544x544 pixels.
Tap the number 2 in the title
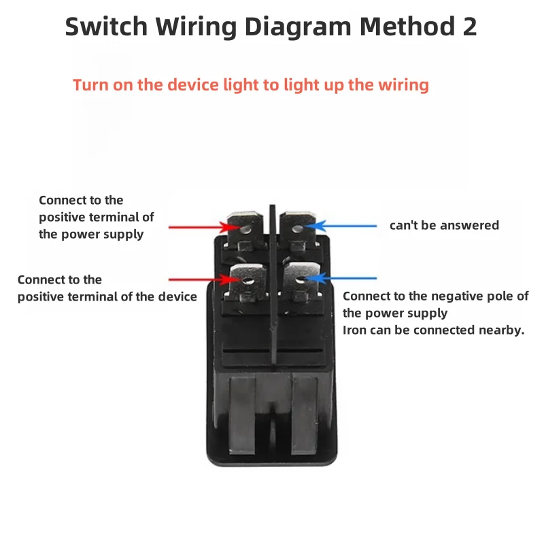click(x=468, y=26)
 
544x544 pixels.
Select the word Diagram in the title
click(x=299, y=26)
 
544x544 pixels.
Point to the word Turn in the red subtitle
click(x=90, y=85)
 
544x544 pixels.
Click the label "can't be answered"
click(x=444, y=225)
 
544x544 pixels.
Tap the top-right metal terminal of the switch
click(x=298, y=228)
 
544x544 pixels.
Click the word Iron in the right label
click(x=354, y=330)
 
